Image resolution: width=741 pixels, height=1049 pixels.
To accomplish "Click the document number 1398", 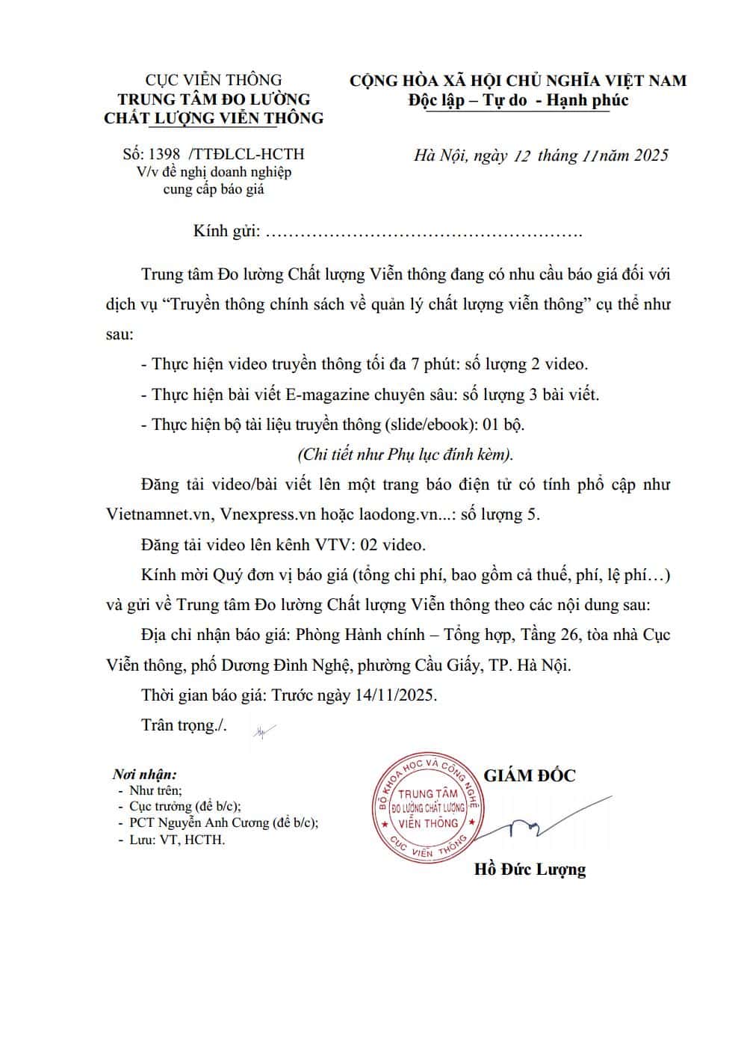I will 164,154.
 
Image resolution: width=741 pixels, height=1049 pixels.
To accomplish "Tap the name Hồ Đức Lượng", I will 530,869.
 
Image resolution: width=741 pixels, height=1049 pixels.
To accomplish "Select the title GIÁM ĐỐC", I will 530,775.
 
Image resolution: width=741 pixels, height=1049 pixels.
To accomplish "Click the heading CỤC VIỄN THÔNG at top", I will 213,79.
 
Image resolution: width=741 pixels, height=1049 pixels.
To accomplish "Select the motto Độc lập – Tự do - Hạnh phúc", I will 518,100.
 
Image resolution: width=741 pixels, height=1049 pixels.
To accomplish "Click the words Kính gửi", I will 226,231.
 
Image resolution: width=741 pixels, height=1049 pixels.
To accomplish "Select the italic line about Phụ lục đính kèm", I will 406,455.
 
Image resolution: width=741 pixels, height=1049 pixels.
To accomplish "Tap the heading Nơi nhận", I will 144,774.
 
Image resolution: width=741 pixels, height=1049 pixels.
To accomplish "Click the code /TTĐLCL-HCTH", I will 247,154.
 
